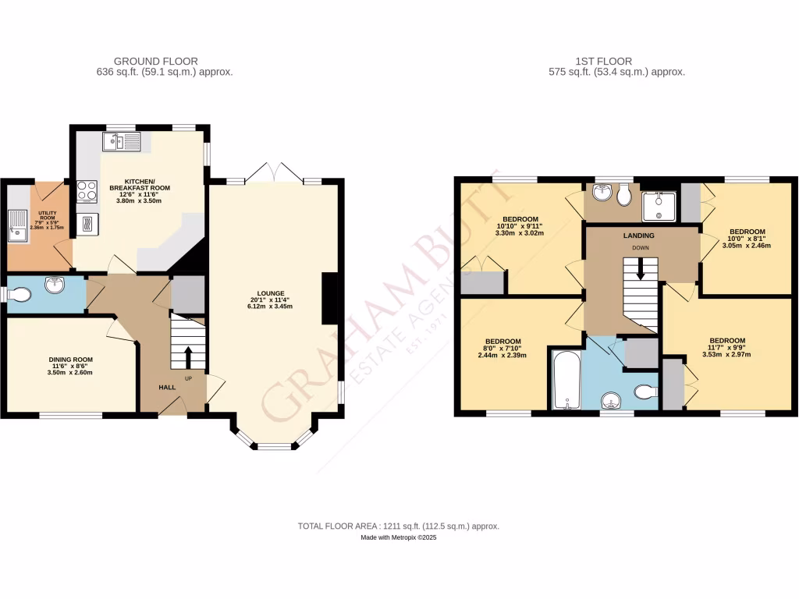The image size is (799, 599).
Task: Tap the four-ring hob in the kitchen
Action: pos(87,191)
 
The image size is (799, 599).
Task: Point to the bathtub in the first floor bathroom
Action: pos(565,380)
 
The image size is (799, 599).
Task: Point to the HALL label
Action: pos(168,387)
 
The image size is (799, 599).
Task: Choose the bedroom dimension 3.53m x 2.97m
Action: pos(726,355)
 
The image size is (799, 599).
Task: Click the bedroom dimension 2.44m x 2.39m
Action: pos(502,355)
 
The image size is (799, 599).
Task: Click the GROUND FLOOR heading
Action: pos(156,61)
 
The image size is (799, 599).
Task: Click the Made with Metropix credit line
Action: pos(399,538)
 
